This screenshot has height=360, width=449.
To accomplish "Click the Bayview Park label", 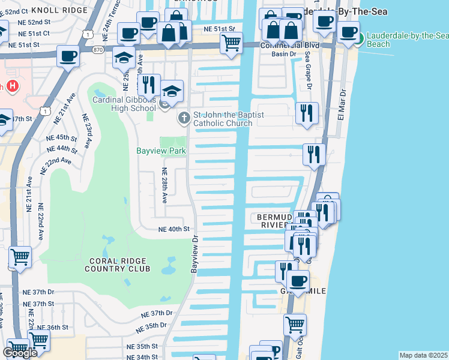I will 160,151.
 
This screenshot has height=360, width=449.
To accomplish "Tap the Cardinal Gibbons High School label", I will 124,104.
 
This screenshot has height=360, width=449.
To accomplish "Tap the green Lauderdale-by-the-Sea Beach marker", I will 359,40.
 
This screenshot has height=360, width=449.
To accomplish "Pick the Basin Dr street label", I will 284,55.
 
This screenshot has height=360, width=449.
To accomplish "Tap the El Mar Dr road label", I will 343,106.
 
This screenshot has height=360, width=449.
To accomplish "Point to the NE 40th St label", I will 173,229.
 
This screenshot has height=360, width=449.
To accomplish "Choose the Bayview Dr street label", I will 194,255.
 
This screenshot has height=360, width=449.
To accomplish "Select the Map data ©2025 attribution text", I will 423,355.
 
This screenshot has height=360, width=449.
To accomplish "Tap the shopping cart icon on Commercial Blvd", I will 231,44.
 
